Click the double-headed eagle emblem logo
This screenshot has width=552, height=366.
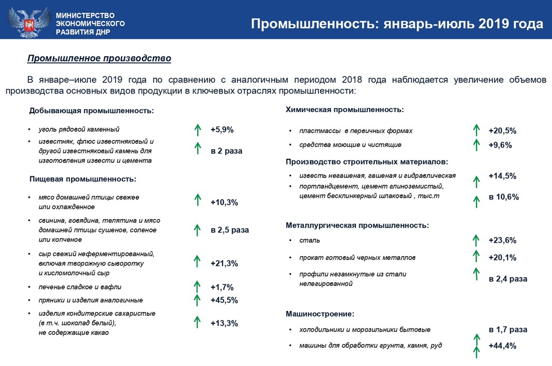pos(28,20)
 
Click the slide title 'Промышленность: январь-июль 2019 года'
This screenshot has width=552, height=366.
pos(397,24)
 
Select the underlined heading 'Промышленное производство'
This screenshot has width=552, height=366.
pos(99,59)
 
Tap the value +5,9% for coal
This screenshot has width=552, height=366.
pos(222,130)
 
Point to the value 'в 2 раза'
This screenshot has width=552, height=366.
pos(226,151)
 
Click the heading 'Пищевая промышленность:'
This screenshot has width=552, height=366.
pos(83,179)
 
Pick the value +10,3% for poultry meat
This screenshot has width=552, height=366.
pos(224,202)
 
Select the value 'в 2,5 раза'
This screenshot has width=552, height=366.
pos(229,230)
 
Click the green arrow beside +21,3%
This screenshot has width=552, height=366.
pos(197,261)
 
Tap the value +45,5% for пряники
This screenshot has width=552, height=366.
pos(224,300)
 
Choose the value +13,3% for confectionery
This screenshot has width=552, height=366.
pos(224,323)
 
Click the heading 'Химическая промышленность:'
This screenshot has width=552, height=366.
pos(345,110)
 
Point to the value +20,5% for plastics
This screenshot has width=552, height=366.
pos(502,131)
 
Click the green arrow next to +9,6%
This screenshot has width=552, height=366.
pos(476,144)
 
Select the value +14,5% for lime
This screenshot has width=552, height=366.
pos(502,176)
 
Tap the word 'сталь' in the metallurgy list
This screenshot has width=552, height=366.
pos(310,240)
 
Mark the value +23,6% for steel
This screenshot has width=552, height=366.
pos(502,240)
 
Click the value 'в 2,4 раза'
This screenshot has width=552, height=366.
pos(508,279)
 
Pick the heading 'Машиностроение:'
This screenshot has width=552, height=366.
pos(320,313)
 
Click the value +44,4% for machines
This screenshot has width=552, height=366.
pos(502,346)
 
